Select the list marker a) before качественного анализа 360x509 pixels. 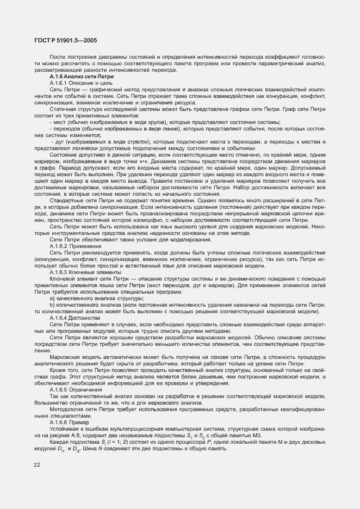coord(52,299)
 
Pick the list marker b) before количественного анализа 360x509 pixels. coord(52,305)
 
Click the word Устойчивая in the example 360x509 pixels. coord(64,428)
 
